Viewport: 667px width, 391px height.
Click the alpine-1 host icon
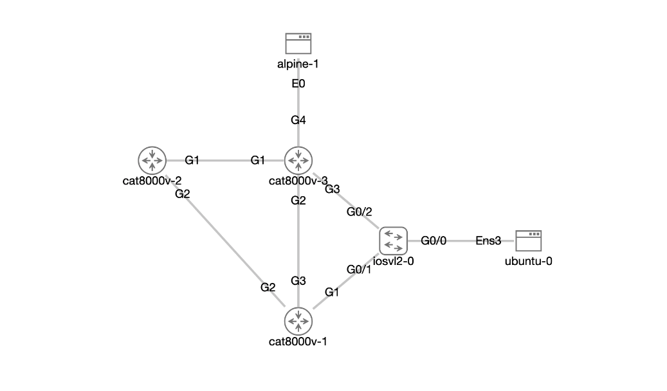pyautogui.click(x=298, y=43)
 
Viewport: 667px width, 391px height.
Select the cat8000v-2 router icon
pyautogui.click(x=152, y=160)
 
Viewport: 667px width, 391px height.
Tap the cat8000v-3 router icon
pyautogui.click(x=298, y=160)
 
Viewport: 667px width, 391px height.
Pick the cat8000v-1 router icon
pyautogui.click(x=298, y=320)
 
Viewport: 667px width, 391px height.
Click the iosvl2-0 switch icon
pyautogui.click(x=394, y=241)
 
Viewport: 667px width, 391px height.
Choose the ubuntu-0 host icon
pyautogui.click(x=528, y=241)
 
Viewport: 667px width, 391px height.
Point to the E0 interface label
pyautogui.click(x=298, y=84)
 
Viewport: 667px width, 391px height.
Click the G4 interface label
pyautogui.click(x=298, y=120)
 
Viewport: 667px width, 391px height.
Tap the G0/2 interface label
pyautogui.click(x=359, y=212)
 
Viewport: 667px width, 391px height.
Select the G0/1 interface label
pyautogui.click(x=359, y=269)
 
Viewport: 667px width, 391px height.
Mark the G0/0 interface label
pyautogui.click(x=434, y=241)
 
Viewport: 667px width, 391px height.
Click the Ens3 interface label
pyautogui.click(x=488, y=241)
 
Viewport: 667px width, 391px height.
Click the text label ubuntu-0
pyautogui.click(x=528, y=261)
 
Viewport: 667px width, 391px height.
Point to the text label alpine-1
pyautogui.click(x=298, y=64)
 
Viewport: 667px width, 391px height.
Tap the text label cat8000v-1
pyautogui.click(x=298, y=341)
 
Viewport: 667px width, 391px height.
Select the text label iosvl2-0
pyautogui.click(x=394, y=261)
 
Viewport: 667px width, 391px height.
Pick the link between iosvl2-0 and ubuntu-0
pyautogui.click(x=461, y=241)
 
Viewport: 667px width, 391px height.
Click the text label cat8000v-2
pyautogui.click(x=152, y=181)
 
